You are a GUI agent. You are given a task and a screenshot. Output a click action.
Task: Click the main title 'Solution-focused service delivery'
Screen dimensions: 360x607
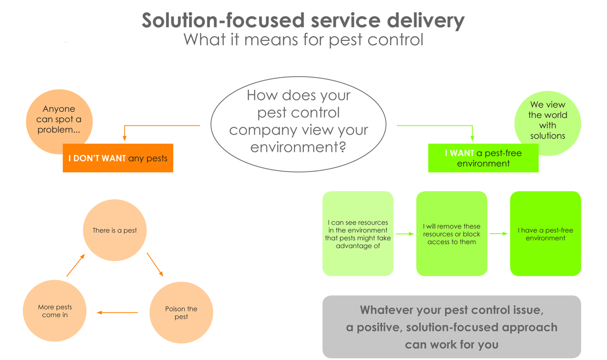[x=303, y=20]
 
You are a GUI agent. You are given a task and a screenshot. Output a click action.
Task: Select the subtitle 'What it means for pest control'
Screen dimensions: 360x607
[x=303, y=40]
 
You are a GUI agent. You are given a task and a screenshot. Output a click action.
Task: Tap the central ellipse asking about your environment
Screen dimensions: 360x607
[x=298, y=124]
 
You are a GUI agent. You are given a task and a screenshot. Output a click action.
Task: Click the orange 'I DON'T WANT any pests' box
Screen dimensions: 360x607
[x=118, y=158]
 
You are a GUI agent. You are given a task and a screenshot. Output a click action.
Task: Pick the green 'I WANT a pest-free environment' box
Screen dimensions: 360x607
[x=483, y=158]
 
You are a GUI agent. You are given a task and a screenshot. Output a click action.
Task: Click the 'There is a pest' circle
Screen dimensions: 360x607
[x=114, y=230]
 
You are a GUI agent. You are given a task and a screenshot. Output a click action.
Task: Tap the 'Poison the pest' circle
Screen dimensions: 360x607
[x=181, y=313]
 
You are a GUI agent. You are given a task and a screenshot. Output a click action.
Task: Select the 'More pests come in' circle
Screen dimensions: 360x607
[x=55, y=310]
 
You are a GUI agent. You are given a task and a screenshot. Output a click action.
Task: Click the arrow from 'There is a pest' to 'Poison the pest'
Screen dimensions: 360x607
[x=155, y=264]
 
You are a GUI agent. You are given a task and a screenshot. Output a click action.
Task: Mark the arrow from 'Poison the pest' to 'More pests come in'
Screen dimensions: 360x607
[x=118, y=313]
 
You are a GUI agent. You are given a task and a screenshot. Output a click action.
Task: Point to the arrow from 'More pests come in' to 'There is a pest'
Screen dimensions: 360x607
[x=76, y=265]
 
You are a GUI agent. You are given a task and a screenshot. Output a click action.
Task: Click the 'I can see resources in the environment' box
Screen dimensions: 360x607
[x=358, y=234]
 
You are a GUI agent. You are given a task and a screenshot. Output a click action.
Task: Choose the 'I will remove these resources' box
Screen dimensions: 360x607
[x=452, y=234]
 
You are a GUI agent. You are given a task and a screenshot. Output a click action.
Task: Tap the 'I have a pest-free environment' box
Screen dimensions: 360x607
[x=545, y=234]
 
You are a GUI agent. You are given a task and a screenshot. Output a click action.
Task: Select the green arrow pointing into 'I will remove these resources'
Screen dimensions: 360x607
[x=405, y=234]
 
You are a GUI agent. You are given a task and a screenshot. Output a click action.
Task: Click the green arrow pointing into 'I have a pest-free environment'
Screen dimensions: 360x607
[x=498, y=234]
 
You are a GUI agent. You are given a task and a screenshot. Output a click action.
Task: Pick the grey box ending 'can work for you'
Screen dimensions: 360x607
[x=452, y=326]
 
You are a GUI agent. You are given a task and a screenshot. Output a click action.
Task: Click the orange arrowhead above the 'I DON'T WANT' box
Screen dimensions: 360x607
[x=125, y=138]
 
